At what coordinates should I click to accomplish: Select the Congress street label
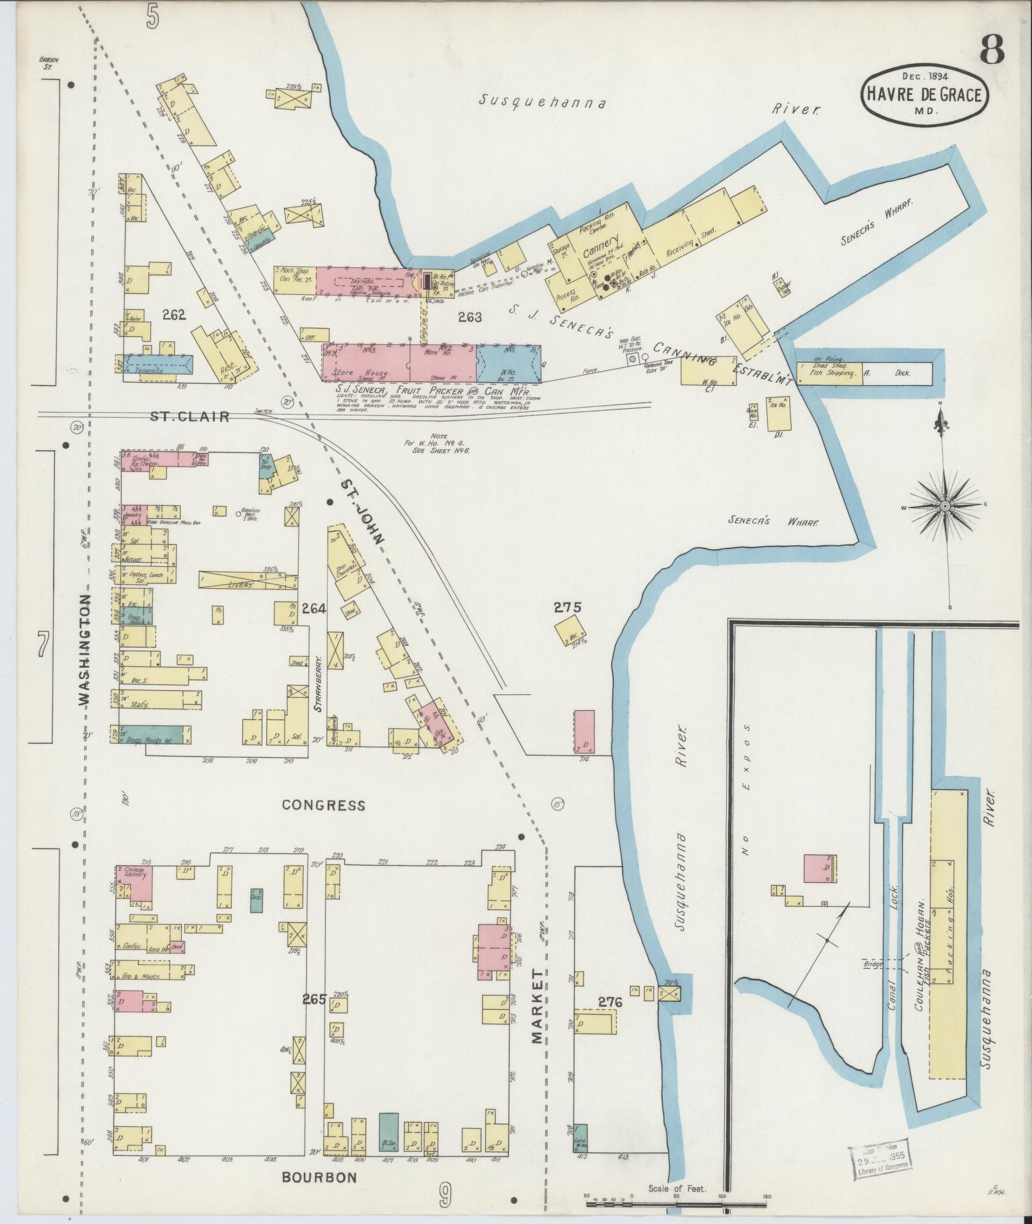(x=323, y=805)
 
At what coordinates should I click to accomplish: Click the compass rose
(x=944, y=505)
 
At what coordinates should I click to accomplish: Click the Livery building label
(x=241, y=584)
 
